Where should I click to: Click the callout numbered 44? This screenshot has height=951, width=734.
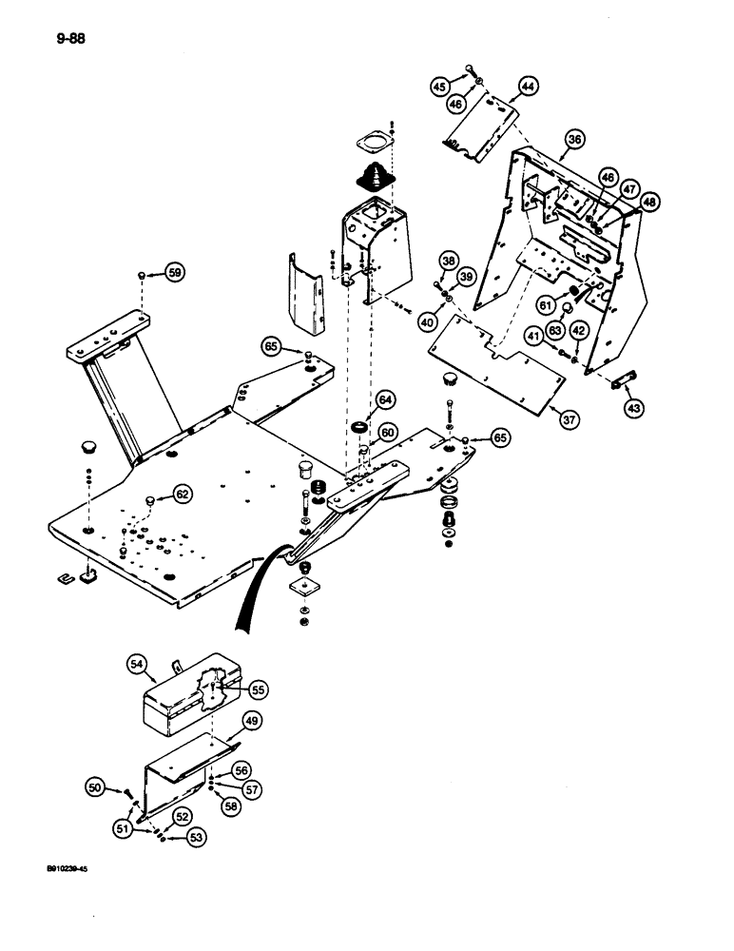pos(526,87)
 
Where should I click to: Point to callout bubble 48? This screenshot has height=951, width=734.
pos(649,202)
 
